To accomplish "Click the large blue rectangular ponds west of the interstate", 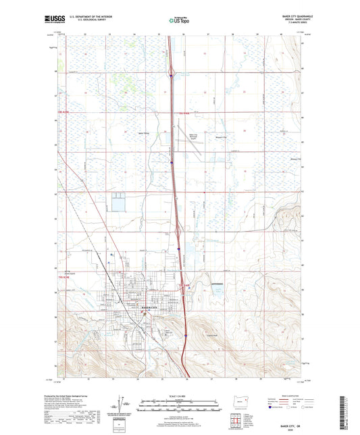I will point(119,202).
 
